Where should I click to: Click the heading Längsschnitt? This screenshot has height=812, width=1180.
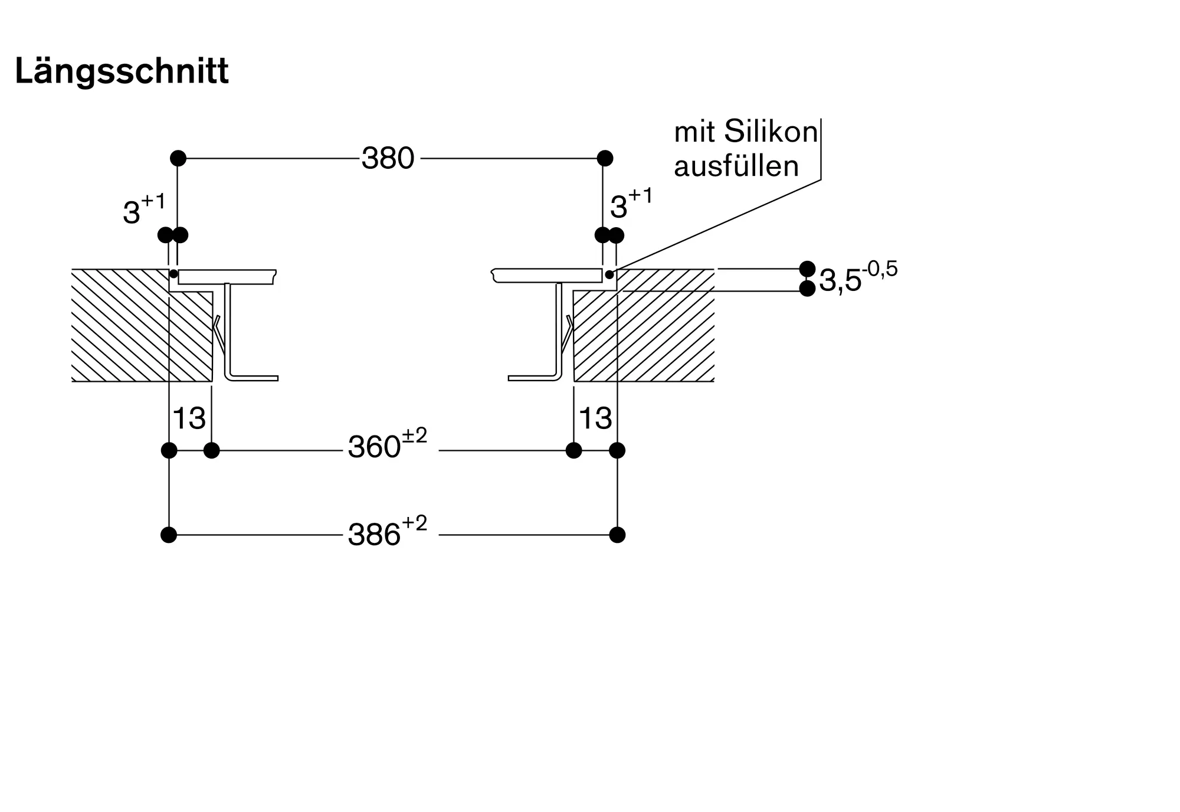point(122,71)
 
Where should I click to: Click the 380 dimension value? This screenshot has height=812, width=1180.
point(388,158)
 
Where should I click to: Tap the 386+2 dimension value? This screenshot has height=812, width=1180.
point(387,533)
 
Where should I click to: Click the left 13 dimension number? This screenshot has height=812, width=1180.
point(189,418)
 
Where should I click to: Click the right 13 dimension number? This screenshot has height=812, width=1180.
point(595,418)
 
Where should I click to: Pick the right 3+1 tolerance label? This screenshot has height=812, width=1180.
point(631,205)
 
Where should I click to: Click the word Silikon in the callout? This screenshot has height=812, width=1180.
point(771,132)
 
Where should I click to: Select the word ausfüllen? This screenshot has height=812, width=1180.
point(736,166)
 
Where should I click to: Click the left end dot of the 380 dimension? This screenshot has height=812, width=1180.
point(178,158)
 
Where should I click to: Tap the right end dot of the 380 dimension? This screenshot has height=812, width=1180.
point(605,158)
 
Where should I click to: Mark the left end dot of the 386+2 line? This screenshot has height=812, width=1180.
point(169,535)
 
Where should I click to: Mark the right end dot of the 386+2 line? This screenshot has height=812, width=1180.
point(617,535)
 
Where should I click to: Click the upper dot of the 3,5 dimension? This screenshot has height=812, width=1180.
point(807,269)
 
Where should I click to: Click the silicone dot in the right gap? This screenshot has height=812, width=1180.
point(609,274)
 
